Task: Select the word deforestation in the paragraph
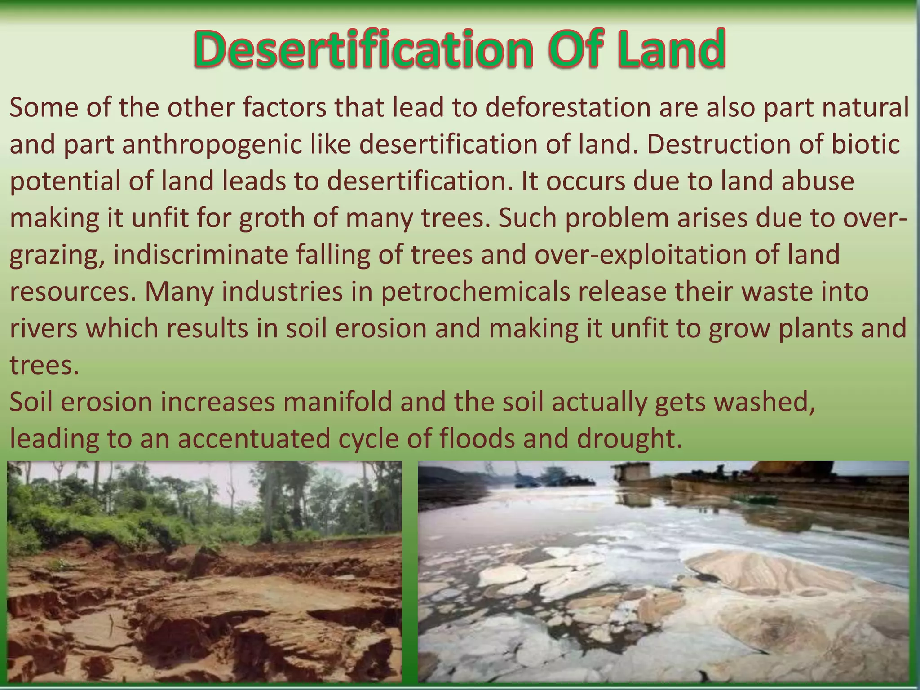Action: pos(568,108)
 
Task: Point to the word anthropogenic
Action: pos(212,145)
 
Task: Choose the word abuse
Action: pos(818,182)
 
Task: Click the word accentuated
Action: pos(254,438)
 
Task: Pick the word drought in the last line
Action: pos(629,438)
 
